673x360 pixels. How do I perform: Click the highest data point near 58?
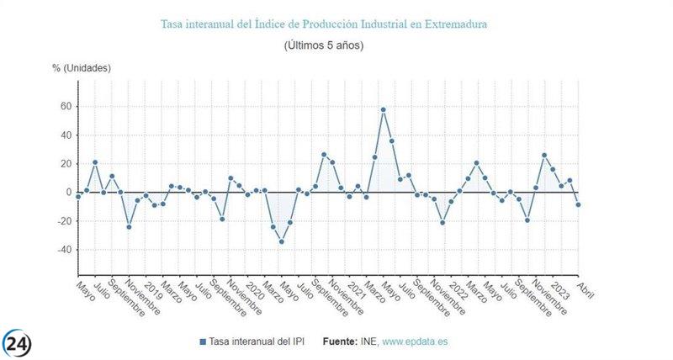(x=383, y=109)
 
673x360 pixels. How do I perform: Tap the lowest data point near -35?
(x=282, y=241)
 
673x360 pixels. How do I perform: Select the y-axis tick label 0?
(x=66, y=193)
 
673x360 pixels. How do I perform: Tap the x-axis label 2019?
(x=154, y=289)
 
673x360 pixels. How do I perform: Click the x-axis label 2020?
(x=255, y=289)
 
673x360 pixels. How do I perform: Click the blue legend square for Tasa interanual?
(x=203, y=342)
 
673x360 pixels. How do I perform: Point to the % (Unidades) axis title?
(x=81, y=67)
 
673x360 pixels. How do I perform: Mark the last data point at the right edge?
(x=578, y=204)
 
